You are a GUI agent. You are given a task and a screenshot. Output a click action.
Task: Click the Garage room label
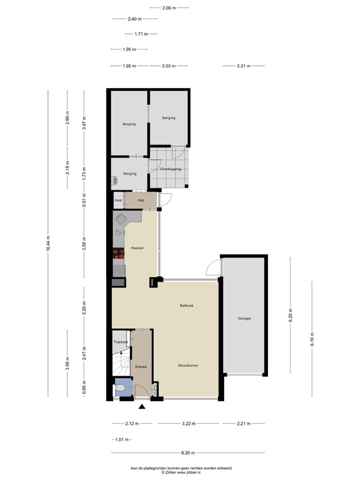244,318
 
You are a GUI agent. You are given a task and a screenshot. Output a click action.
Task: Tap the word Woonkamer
188,365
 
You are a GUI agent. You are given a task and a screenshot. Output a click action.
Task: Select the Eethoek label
187,305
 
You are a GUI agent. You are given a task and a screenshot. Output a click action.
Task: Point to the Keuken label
137,248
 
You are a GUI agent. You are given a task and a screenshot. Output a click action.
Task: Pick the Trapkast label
120,342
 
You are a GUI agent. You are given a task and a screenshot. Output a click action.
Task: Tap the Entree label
141,367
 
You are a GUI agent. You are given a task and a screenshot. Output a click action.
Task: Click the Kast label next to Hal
118,200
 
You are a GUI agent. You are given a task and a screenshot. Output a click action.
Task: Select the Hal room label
141,200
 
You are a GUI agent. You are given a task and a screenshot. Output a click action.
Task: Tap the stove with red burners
118,253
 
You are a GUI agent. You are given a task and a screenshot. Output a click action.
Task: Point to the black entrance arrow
142,406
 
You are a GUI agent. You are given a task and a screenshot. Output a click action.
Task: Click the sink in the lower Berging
115,180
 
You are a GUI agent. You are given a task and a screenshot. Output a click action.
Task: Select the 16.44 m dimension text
48,245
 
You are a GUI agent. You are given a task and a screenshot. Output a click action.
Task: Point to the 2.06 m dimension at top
168,8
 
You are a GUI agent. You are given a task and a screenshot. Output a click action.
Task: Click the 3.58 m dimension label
84,245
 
